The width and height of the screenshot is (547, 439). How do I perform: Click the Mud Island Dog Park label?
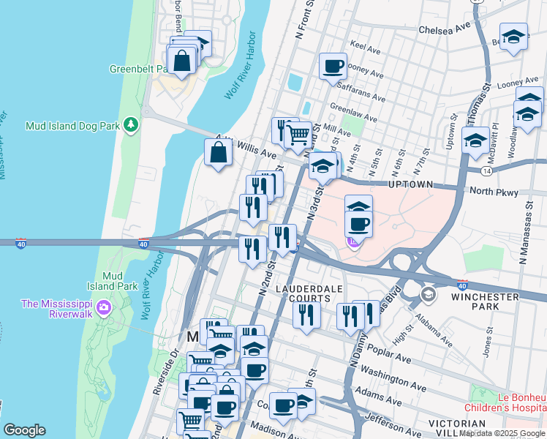(72, 125)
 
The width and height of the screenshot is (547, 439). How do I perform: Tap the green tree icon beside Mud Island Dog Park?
(131, 125)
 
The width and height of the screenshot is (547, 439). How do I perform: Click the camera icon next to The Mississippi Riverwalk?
(103, 307)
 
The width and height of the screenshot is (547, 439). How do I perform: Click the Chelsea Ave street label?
(444, 30)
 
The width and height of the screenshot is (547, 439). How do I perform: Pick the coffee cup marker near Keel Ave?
(333, 66)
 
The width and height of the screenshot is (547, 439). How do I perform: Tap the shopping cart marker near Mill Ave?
(298, 135)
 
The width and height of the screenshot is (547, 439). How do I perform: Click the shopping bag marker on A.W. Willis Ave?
(219, 153)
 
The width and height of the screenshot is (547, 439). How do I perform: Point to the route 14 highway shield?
(486, 170)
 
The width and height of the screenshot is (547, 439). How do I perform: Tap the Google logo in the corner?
(23, 430)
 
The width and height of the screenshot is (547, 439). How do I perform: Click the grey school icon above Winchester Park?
(428, 296)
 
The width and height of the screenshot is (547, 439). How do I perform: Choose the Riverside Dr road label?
(162, 373)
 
